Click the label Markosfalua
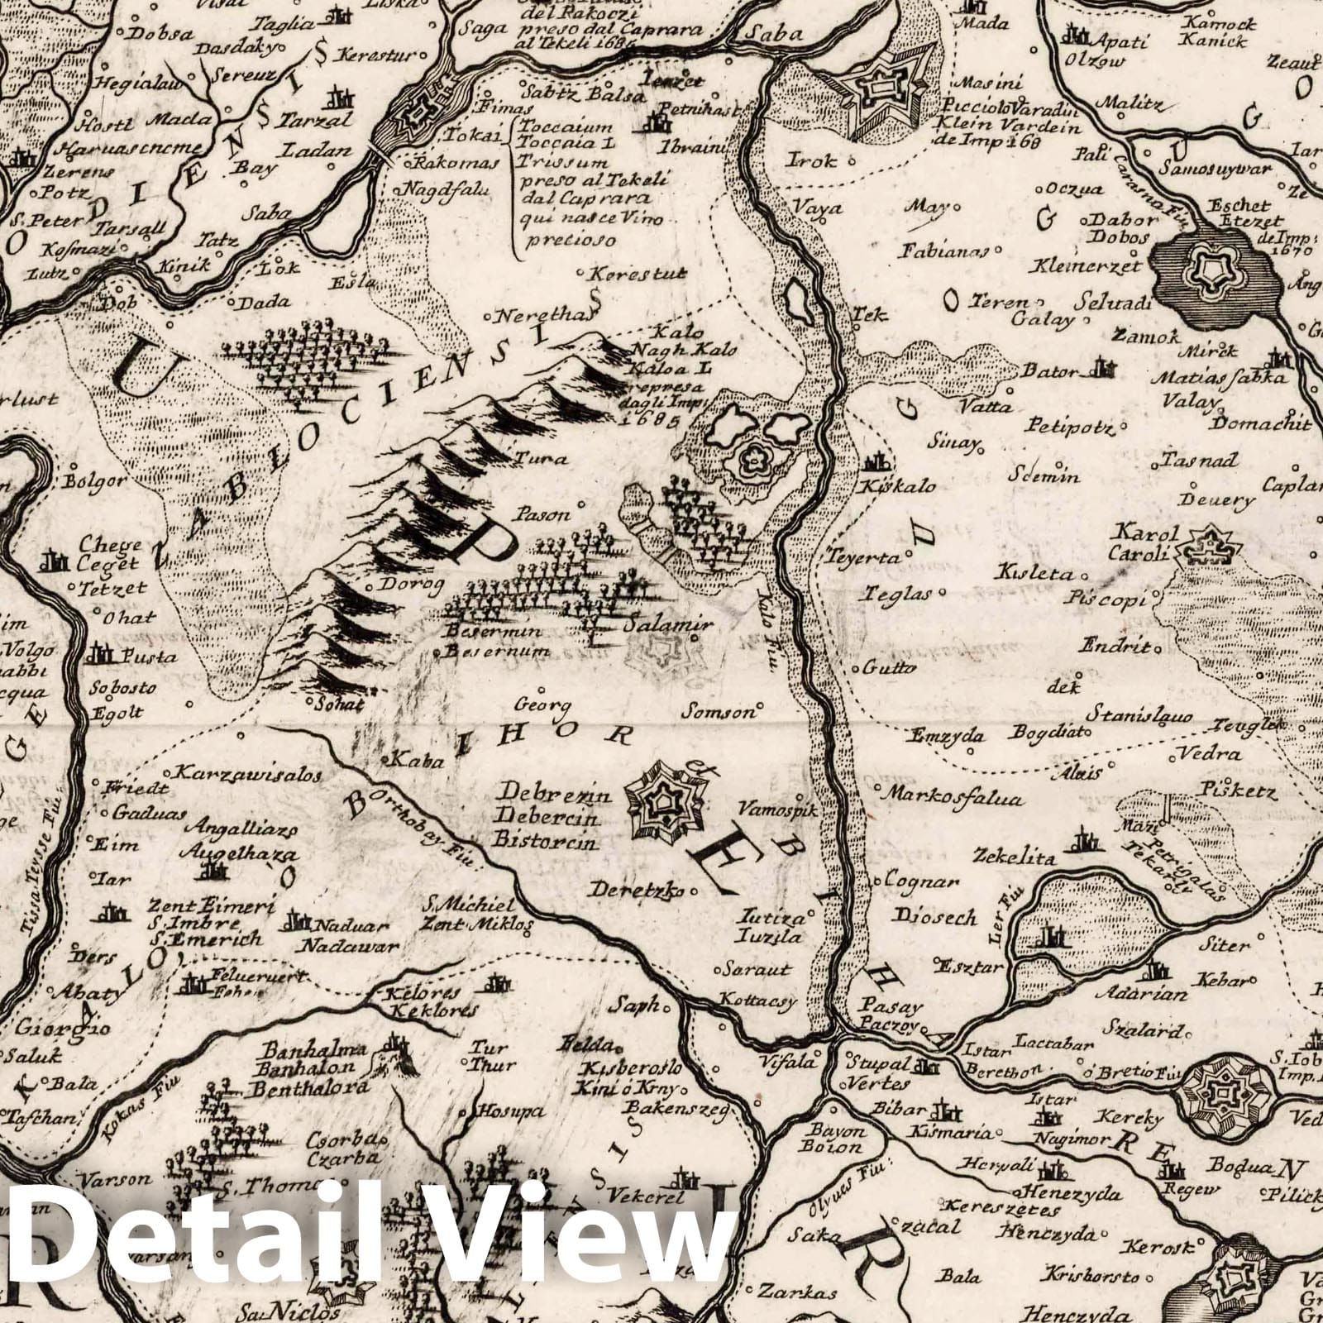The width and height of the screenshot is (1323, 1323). [954, 799]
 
